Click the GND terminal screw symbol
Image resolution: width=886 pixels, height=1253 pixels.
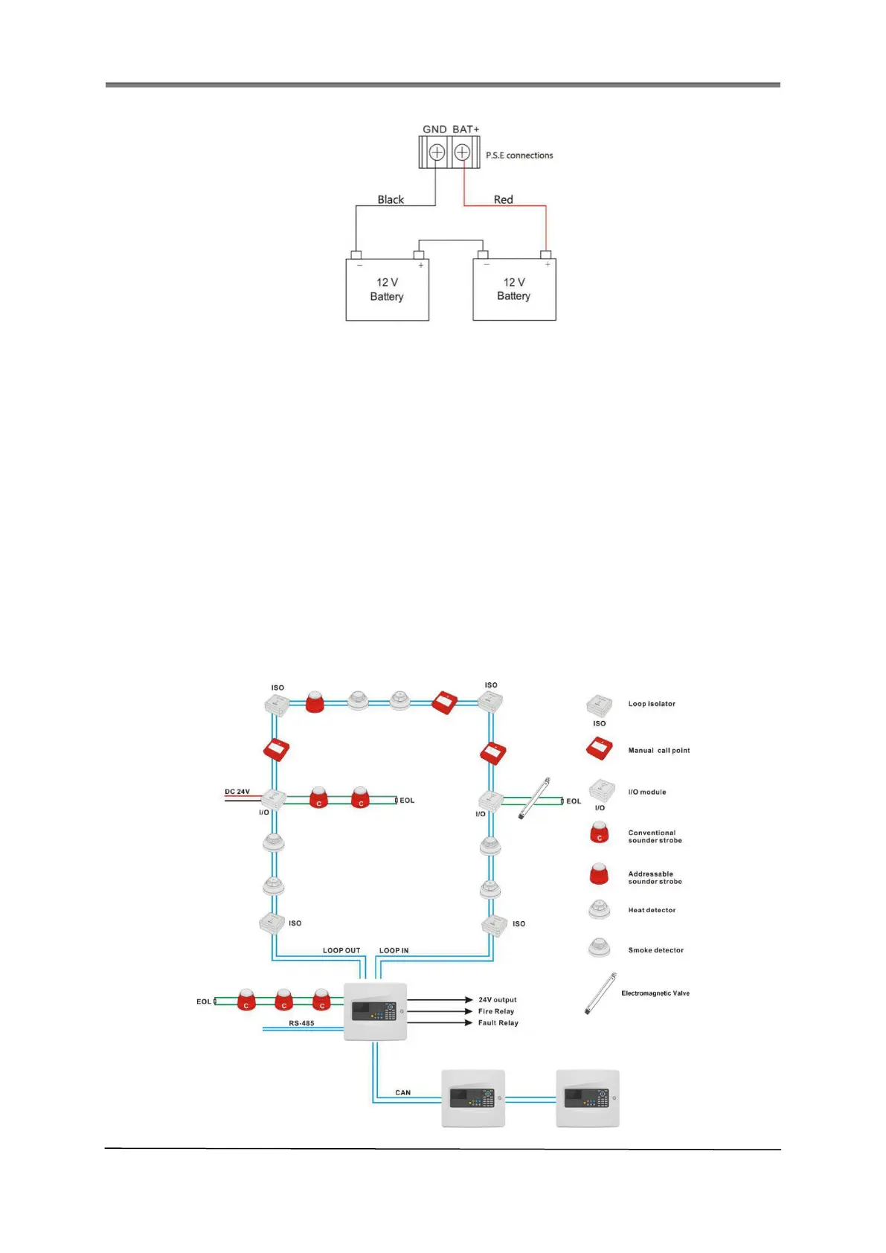pyautogui.click(x=437, y=153)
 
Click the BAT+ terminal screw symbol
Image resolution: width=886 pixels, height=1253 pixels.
pyautogui.click(x=462, y=153)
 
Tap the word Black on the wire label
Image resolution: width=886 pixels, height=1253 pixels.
pyautogui.click(x=391, y=199)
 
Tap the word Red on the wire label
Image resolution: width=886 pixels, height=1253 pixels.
pyautogui.click(x=504, y=199)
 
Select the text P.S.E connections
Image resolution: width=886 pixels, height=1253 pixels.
pyautogui.click(x=519, y=156)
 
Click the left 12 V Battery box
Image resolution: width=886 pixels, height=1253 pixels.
pyautogui.click(x=387, y=289)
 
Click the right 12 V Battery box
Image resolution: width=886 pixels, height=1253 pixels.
pyautogui.click(x=514, y=289)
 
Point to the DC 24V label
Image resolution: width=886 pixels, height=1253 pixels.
pyautogui.click(x=237, y=792)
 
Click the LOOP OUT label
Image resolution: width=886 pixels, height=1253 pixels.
pyautogui.click(x=341, y=950)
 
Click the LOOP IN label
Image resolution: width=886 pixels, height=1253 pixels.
pyautogui.click(x=394, y=950)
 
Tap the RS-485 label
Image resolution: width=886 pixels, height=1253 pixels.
pyautogui.click(x=301, y=1023)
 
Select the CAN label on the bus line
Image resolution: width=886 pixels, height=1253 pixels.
pyautogui.click(x=402, y=1092)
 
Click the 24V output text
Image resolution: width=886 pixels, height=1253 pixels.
pyautogui.click(x=497, y=1000)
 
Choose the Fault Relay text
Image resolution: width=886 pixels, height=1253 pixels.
pyautogui.click(x=498, y=1023)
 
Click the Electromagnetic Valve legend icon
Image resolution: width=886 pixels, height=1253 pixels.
pyautogui.click(x=600, y=993)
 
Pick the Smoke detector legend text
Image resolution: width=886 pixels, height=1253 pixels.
pyautogui.click(x=655, y=950)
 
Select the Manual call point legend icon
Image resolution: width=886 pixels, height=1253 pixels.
pyautogui.click(x=599, y=749)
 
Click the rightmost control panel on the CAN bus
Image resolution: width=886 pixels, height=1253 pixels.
pyautogui.click(x=588, y=1098)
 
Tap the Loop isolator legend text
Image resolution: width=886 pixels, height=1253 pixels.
pyautogui.click(x=652, y=704)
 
